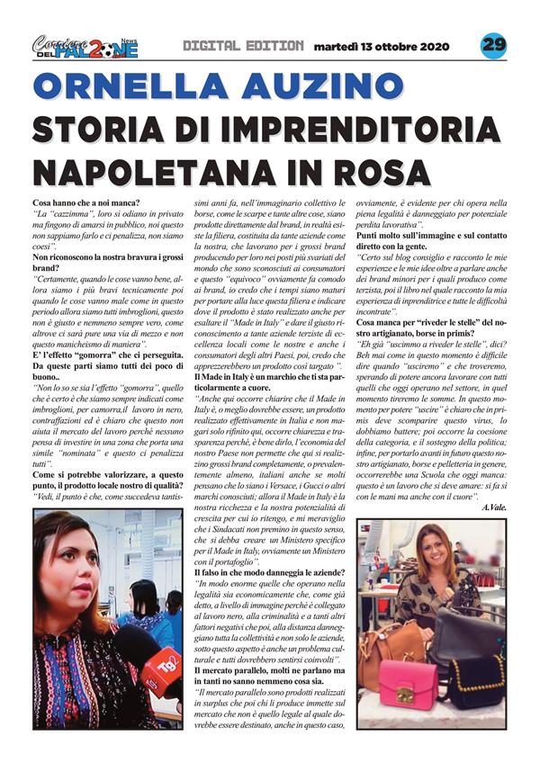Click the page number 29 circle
tap(493, 45)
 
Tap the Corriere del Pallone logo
tap(85, 46)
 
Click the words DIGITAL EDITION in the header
tap(242, 45)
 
